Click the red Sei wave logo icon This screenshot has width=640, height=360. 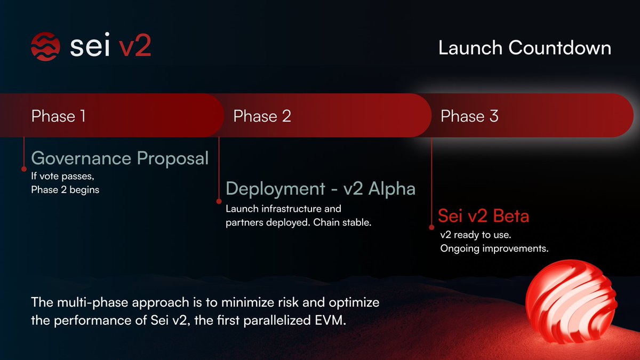46,47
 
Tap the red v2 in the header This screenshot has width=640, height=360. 134,47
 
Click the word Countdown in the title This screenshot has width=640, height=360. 560,48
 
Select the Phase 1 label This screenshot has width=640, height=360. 59,116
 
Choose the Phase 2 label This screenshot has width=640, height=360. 262,116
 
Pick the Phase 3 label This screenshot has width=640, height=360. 469,116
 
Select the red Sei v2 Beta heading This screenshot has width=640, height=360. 484,217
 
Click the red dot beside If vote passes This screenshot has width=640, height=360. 24,169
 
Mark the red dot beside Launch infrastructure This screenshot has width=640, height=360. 219,202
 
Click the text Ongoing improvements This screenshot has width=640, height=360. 494,249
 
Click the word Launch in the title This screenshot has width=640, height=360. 470,48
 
